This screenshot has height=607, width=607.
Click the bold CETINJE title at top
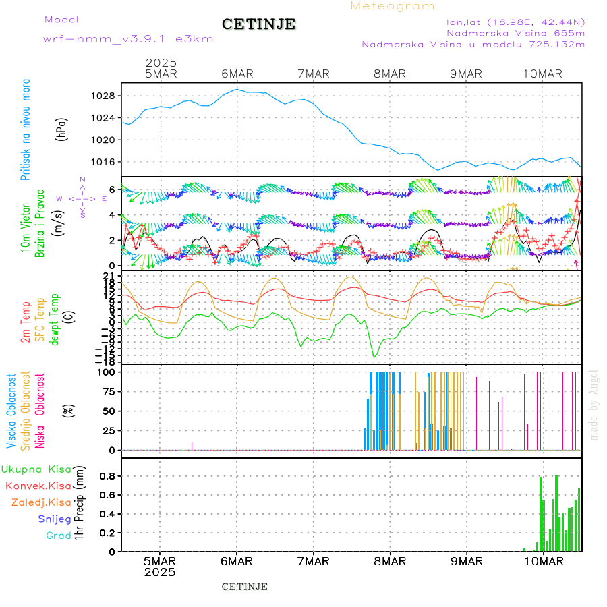tap(258, 24)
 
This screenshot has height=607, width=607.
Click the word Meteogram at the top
tap(393, 6)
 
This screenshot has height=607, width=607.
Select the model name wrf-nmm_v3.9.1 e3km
tap(128, 39)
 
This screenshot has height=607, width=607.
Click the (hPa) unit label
tap(62, 129)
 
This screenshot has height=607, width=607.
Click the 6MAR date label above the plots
tap(237, 74)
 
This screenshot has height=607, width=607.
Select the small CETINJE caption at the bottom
tap(245, 587)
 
